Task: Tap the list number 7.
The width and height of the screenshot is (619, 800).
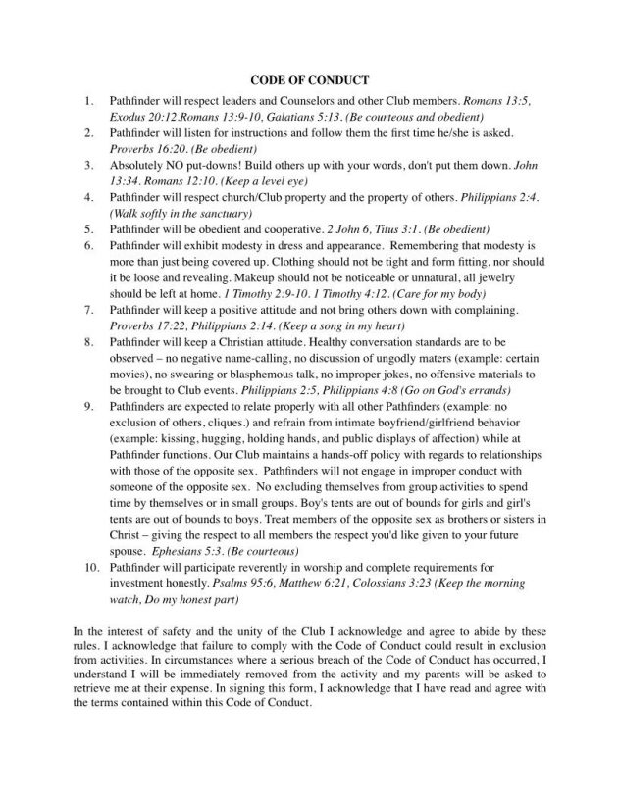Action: pos(88,310)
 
